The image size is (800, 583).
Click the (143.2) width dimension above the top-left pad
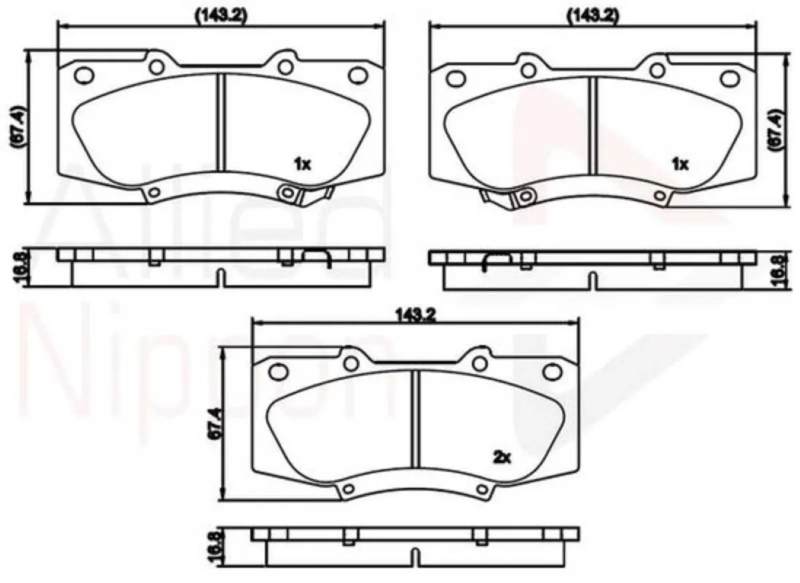pos(221,15)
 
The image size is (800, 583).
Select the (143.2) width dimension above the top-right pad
pos(591,15)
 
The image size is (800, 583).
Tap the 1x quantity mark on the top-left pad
pos(303,164)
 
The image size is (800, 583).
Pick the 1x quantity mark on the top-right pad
pos(679,164)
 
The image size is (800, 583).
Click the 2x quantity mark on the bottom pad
pos(501,457)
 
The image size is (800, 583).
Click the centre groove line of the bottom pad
pos(415,418)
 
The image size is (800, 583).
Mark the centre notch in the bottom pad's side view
pos(415,556)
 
